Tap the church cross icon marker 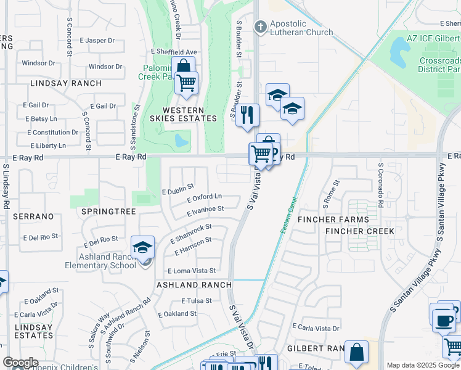[261, 27]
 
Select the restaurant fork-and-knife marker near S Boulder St [248, 115]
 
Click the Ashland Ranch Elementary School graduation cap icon [143, 248]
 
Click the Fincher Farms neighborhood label [333, 220]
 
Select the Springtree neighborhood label [108, 211]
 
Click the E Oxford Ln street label [204, 198]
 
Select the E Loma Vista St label [192, 271]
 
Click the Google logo [20, 363]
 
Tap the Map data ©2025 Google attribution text [423, 365]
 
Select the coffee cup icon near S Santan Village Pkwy [443, 319]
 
